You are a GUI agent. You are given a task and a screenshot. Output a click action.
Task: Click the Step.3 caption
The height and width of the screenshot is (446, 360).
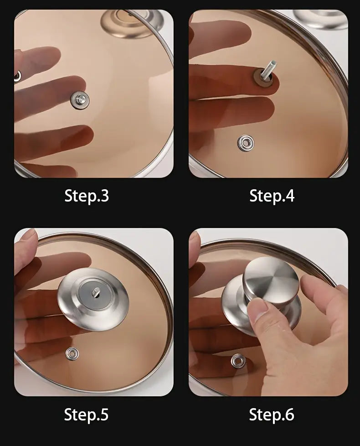[87, 196]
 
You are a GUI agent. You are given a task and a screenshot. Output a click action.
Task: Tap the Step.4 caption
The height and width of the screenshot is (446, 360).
[272, 196]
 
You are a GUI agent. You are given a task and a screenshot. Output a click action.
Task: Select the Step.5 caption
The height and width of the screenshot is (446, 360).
[87, 415]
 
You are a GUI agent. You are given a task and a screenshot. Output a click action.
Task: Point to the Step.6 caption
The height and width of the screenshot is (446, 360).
[272, 415]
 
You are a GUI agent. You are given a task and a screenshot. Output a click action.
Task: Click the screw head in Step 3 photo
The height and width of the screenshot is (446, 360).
[80, 100]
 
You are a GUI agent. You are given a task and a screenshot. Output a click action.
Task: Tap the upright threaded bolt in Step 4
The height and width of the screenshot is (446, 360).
[269, 69]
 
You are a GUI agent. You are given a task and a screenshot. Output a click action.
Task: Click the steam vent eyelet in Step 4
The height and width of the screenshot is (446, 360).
[246, 143]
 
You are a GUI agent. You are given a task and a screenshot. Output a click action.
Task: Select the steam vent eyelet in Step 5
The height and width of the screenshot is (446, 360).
[72, 353]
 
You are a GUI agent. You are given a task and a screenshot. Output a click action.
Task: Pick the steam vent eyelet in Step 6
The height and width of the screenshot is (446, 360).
[238, 361]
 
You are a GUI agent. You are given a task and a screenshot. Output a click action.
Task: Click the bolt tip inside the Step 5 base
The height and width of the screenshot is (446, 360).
[96, 292]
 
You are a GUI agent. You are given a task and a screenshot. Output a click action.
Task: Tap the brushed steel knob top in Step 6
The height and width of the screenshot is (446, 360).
[271, 279]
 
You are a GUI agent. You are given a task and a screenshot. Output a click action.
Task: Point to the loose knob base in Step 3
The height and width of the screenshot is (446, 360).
[132, 23]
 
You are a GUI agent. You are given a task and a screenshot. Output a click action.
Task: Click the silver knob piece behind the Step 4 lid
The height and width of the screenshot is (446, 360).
[320, 19]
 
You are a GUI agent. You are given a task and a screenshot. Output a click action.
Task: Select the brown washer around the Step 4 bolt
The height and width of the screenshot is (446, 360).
[263, 78]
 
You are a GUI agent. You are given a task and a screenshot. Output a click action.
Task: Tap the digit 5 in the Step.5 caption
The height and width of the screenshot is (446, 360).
[104, 415]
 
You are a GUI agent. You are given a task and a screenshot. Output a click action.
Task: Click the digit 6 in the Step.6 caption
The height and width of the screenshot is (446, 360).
[289, 415]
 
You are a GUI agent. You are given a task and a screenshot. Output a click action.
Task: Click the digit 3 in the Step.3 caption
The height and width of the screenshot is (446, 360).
[104, 196]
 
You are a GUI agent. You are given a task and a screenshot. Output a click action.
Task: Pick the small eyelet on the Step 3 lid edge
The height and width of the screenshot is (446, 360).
[17, 76]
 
